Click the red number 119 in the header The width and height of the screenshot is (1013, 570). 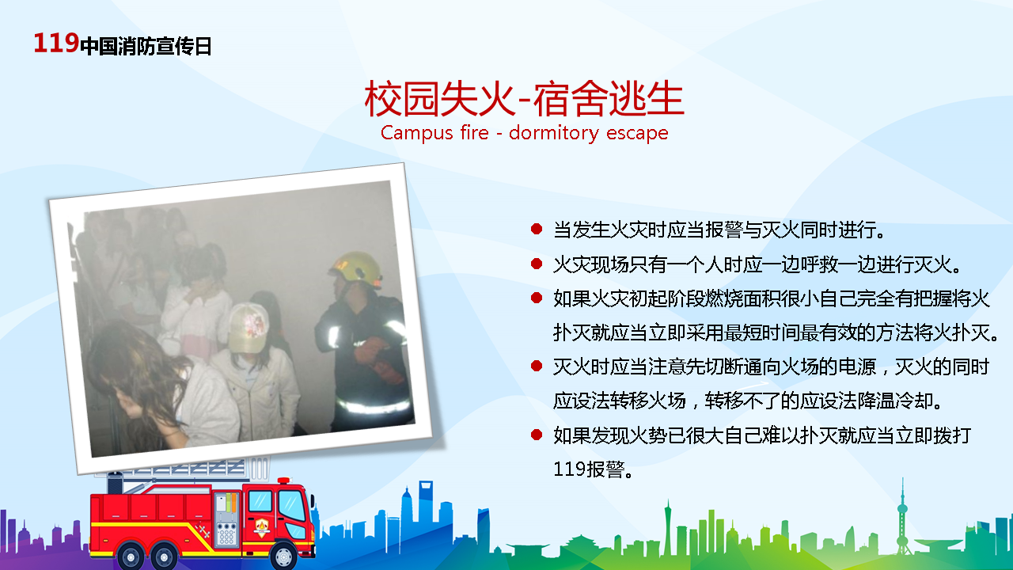[56, 43]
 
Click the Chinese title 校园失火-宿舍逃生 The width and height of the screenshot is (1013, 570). [524, 99]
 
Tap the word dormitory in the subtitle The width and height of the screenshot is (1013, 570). [553, 134]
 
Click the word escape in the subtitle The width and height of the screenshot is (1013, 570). [637, 134]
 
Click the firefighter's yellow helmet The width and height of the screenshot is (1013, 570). [357, 268]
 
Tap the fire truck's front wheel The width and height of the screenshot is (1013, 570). [283, 556]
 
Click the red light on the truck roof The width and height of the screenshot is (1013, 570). [284, 481]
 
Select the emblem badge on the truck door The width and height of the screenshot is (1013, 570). [262, 527]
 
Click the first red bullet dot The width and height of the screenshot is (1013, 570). [537, 229]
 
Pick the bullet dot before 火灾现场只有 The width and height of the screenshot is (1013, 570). [537, 264]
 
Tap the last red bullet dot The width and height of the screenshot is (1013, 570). [537, 435]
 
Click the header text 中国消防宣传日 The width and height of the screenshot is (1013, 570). [146, 46]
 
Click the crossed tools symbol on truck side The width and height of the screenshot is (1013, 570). [203, 530]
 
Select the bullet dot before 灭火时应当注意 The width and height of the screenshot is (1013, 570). [537, 366]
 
